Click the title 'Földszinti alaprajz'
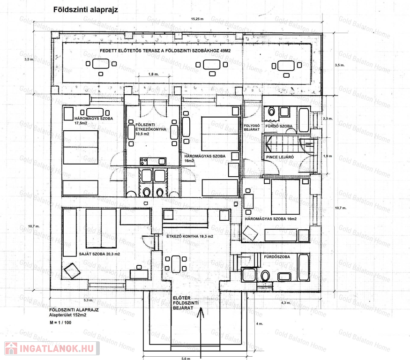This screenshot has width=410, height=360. click(85, 10)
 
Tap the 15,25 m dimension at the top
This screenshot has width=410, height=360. click(197, 19)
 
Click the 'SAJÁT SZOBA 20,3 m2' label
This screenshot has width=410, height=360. click(99, 254)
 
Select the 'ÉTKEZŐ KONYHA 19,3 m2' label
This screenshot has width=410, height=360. click(190, 236)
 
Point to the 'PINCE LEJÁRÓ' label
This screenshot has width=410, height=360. click(280, 157)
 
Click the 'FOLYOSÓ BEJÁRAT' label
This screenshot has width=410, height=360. click(252, 127)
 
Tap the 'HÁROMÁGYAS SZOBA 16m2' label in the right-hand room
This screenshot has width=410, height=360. click(271, 219)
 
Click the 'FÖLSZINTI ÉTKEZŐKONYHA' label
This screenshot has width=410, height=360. click(151, 127)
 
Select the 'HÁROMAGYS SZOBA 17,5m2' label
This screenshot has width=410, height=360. click(94, 120)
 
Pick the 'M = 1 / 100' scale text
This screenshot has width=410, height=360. click(60, 322)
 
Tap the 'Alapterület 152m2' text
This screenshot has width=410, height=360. click(68, 315)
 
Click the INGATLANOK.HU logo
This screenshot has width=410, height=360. click(52, 348)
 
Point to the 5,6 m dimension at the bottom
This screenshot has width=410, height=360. click(186, 359)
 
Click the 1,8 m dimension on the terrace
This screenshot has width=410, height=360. click(154, 75)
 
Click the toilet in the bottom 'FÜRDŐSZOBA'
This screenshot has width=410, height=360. click(265, 276)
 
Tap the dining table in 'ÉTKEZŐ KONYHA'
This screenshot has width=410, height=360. click(176, 264)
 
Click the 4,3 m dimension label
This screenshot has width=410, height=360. click(286, 303)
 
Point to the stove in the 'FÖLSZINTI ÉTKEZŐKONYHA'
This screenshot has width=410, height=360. click(144, 161)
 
